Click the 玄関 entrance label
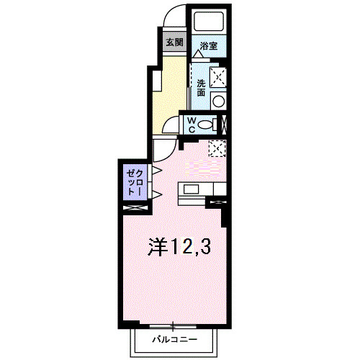coord(174,42)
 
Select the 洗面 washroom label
coord(201,88)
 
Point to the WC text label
coord(193,125)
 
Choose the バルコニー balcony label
coord(174,338)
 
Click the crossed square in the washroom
coord(218,77)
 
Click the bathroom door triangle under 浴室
coord(197,53)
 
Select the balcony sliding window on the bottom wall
coord(174,323)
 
